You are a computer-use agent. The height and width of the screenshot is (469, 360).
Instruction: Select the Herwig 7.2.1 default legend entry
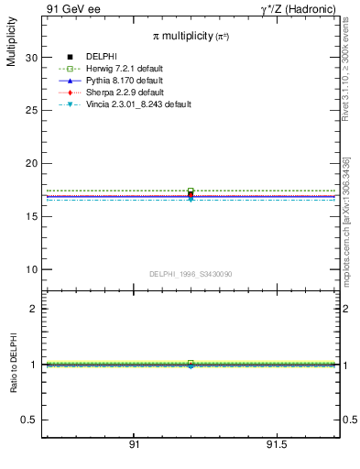click(124, 69)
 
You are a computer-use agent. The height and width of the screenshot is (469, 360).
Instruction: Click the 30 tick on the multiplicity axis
click(31, 57)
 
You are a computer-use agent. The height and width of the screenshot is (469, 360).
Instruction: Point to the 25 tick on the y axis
click(31, 110)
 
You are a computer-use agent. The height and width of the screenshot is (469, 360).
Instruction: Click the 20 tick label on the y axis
click(31, 163)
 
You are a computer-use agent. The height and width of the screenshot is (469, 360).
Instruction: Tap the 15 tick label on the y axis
click(31, 216)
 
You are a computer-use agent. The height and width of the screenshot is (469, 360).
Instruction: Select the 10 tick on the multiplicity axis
click(31, 269)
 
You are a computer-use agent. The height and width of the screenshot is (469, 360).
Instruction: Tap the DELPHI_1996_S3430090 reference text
click(191, 274)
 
